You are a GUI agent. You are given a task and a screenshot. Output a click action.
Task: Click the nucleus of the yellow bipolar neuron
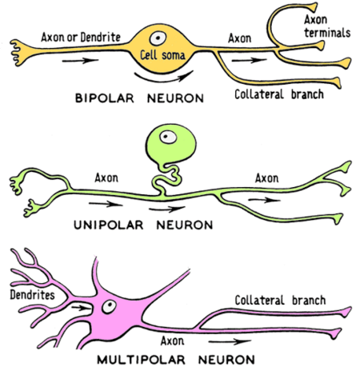pyautogui.click(x=158, y=38)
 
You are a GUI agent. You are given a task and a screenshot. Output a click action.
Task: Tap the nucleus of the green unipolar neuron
pyautogui.click(x=168, y=137)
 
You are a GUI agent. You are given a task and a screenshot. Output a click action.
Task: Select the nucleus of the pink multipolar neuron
pyautogui.click(x=109, y=306)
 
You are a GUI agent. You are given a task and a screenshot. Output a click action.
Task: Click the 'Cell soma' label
pyautogui.click(x=162, y=55)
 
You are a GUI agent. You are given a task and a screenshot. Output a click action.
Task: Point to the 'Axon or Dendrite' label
pyautogui.click(x=81, y=37)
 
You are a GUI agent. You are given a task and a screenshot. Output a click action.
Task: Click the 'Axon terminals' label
pyautogui.click(x=327, y=26)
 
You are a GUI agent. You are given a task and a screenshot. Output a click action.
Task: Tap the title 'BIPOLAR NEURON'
pyautogui.click(x=139, y=98)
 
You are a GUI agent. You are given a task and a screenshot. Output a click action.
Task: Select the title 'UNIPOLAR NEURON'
pyautogui.click(x=143, y=225)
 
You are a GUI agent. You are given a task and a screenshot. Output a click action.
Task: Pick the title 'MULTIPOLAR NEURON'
pyautogui.click(x=176, y=360)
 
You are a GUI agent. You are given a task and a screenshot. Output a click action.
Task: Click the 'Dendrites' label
pyautogui.click(x=32, y=295)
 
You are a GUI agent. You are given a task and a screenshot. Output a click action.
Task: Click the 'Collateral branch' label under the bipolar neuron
pyautogui.click(x=279, y=94)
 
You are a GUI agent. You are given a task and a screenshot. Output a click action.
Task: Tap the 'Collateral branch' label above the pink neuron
pyautogui.click(x=280, y=301)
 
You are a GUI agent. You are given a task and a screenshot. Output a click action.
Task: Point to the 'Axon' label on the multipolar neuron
pyautogui.click(x=172, y=341)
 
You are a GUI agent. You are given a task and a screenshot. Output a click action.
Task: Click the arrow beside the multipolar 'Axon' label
pyautogui.click(x=230, y=341)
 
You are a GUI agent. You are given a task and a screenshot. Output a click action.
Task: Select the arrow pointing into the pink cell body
pyautogui.click(x=82, y=308)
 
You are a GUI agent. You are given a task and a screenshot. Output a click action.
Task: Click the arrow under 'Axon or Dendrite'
pyautogui.click(x=80, y=61)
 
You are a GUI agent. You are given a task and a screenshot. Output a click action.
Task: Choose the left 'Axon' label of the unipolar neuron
pyautogui.click(x=106, y=178)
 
